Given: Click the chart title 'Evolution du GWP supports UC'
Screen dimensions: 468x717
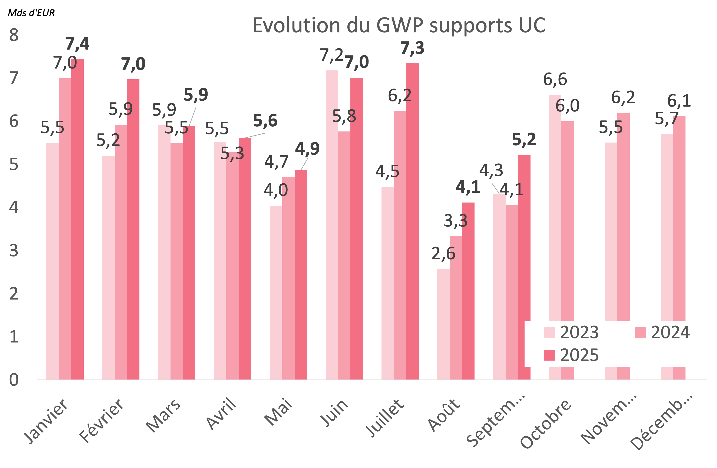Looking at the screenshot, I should pos(399,25).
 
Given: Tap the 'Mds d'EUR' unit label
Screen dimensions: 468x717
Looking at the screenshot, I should pos(31,13).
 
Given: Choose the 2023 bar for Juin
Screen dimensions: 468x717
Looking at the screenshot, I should pos(332,225).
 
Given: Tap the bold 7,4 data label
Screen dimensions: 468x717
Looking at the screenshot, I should pos(77,44).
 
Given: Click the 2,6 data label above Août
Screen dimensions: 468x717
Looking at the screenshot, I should pos(443,253).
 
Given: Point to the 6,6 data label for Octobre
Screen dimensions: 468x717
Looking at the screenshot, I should pos(555,80).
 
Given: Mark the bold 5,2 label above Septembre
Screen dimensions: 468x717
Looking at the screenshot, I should pos(524,140).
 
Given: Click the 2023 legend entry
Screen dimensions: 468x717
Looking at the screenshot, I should pos(571,332).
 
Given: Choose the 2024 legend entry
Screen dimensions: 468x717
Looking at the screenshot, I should pos(662,332).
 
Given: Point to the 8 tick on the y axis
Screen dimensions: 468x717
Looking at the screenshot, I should pos(14,35).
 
